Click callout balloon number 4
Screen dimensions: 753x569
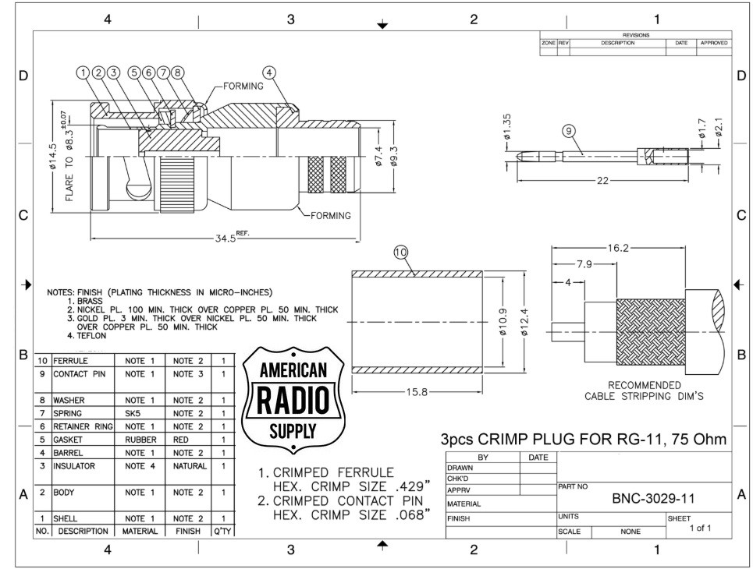(269, 72)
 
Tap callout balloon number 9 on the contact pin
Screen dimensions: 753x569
(569, 131)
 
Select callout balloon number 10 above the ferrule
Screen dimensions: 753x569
(400, 253)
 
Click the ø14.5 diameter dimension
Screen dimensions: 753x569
(53, 157)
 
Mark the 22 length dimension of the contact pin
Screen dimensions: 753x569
(602, 180)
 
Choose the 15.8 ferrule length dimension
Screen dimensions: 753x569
(417, 392)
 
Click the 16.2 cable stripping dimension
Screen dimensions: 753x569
(617, 248)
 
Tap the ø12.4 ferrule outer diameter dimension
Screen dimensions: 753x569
(524, 322)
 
